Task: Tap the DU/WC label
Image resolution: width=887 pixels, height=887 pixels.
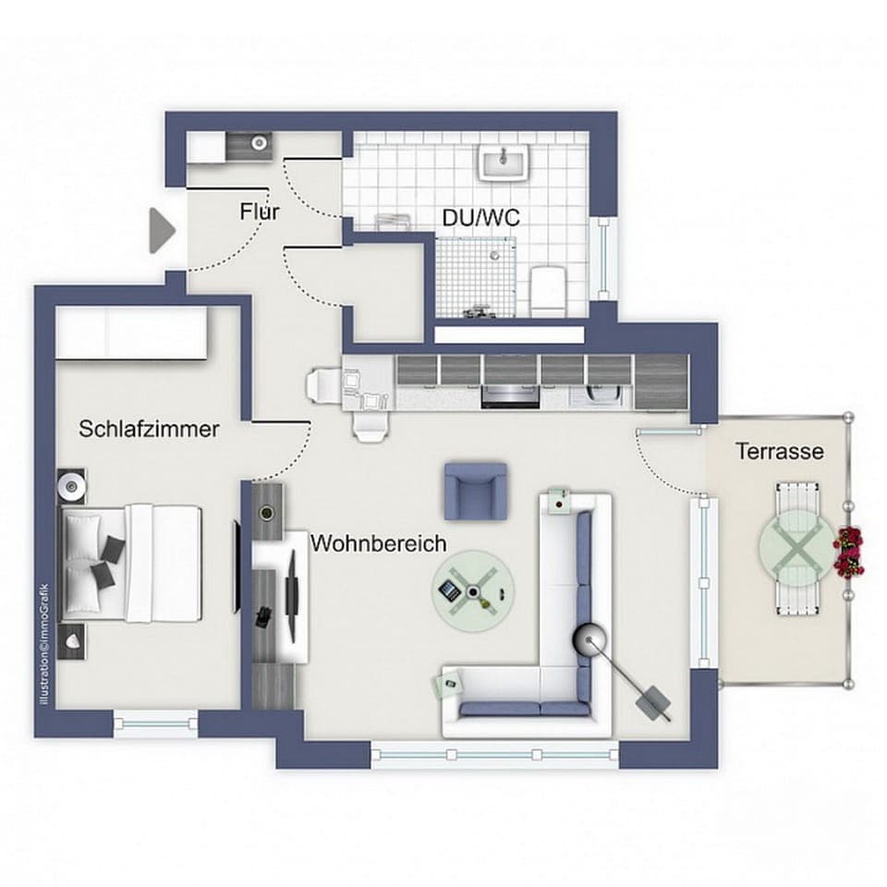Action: pyautogui.click(x=480, y=219)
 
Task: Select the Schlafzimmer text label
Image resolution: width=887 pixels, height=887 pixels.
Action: pyautogui.click(x=149, y=430)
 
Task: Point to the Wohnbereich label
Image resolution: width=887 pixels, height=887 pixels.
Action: pyautogui.click(x=378, y=543)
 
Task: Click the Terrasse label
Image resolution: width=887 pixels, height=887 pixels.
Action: pyautogui.click(x=780, y=452)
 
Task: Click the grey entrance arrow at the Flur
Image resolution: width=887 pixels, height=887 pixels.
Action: pyautogui.click(x=163, y=228)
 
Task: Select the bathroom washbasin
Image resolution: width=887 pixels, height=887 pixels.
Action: pyautogui.click(x=502, y=164)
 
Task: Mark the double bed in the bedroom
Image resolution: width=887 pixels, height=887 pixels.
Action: pyautogui.click(x=132, y=562)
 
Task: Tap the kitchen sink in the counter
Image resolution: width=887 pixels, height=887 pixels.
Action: pyautogui.click(x=598, y=393)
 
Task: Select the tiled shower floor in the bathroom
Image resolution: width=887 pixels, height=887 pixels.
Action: pyautogui.click(x=472, y=273)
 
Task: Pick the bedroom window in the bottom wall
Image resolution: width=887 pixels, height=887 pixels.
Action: pyautogui.click(x=155, y=723)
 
